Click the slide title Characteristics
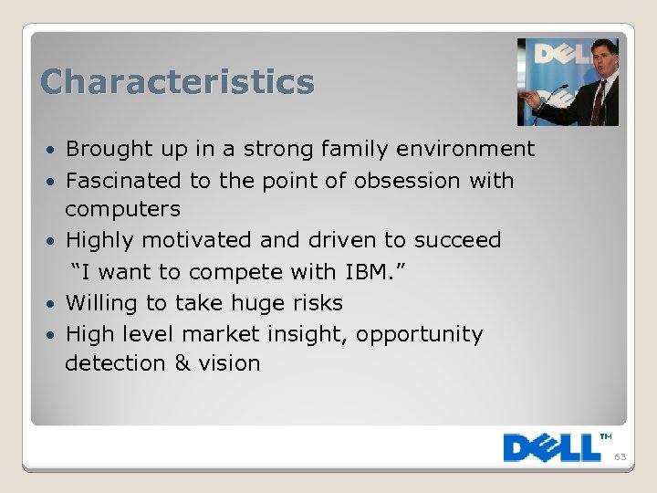coord(177,82)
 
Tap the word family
coord(386,149)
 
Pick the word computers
coord(122,210)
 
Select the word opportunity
coord(419,335)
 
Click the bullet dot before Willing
coord(53,304)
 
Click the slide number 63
coord(620,457)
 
